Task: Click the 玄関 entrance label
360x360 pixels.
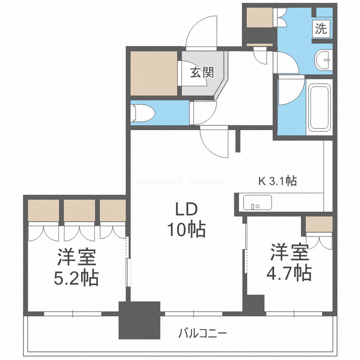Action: point(201,73)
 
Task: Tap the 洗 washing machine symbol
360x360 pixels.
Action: point(321,28)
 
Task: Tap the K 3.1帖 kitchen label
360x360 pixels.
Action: point(277,181)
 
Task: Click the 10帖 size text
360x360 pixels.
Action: point(186,230)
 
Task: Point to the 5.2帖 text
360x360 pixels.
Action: point(77,277)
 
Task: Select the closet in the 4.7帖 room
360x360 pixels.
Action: point(319,224)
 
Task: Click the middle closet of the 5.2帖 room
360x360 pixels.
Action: point(80,210)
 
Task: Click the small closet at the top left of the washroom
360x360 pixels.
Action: point(260,18)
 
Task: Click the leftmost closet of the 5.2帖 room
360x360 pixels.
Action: point(43,210)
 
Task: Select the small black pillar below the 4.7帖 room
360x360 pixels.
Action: point(254,304)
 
